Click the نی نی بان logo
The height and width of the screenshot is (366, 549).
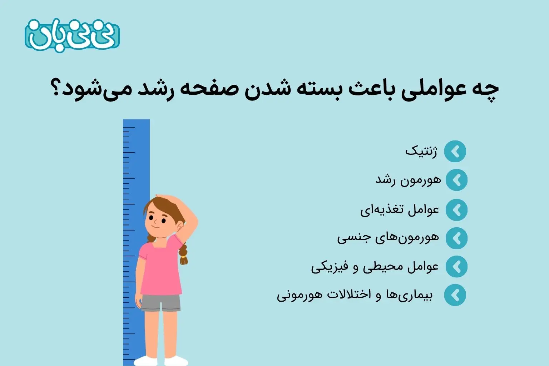point(72,35)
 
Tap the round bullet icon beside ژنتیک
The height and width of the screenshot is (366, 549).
point(455,152)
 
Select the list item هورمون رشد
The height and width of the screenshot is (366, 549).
point(408,180)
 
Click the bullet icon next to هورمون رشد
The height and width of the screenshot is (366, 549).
point(456,180)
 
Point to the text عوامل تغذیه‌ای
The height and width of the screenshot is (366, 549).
point(400,209)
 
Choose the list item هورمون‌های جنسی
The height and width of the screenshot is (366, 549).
point(388,238)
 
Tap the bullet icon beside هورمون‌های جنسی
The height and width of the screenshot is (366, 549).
point(456,238)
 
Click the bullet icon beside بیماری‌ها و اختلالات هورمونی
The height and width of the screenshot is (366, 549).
point(455,295)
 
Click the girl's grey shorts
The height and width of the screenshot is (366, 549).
point(160,303)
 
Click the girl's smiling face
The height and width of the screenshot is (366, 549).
point(157,222)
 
